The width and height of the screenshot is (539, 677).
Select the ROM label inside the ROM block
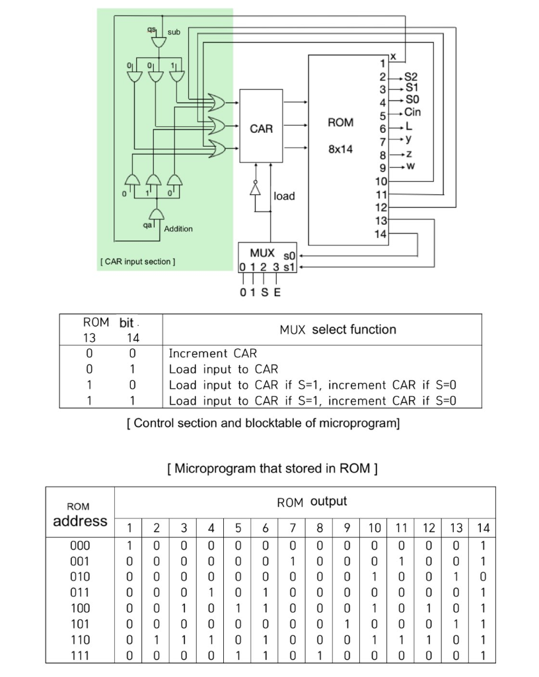340,122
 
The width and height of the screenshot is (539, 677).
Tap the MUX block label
262,253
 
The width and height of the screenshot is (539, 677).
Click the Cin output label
412,112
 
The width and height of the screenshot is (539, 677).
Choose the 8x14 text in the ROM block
340,149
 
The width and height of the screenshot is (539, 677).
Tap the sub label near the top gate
174,32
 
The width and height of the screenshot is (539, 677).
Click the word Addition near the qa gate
178,229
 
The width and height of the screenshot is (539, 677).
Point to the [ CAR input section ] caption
137,262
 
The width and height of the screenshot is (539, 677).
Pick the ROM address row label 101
79,623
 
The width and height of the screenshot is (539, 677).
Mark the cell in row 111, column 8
319,655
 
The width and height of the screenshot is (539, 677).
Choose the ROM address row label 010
79,577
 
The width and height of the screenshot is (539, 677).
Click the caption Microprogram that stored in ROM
273,469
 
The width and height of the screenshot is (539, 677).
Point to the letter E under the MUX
277,292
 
